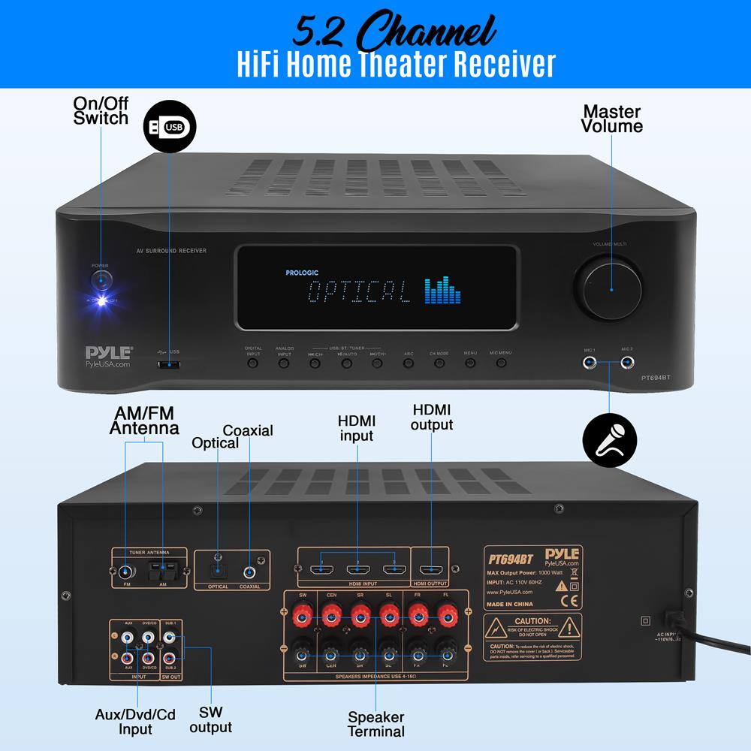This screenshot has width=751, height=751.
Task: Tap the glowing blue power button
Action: click(x=100, y=282)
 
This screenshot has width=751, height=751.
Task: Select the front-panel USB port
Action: click(x=170, y=365)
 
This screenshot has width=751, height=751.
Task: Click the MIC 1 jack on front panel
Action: click(x=592, y=363)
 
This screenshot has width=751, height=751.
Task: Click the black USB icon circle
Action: click(x=168, y=128)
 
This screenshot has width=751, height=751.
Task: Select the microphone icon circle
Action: click(x=609, y=438)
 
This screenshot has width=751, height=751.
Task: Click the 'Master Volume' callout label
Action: click(x=613, y=119)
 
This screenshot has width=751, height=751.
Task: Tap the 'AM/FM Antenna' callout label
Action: click(x=144, y=421)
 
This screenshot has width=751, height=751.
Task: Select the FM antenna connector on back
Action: click(x=125, y=571)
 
